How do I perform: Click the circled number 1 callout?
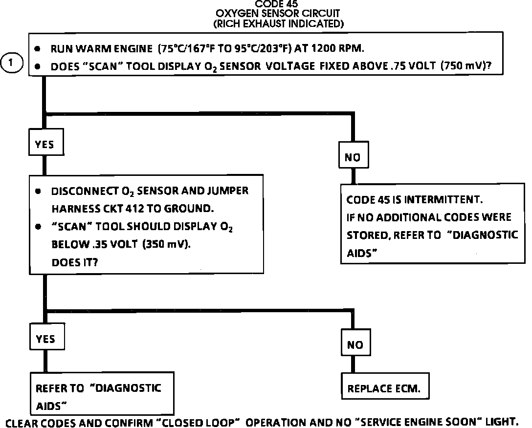[x=11, y=64]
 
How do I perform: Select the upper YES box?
[x=44, y=145]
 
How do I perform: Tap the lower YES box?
[x=45, y=339]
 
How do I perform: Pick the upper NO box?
[x=353, y=157]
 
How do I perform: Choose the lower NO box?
[x=355, y=345]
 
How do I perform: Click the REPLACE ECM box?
[x=384, y=389]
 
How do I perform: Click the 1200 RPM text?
[x=337, y=49]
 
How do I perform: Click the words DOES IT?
[x=75, y=262]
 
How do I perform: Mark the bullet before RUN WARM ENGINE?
[x=38, y=49]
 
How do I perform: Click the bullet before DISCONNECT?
[x=38, y=191]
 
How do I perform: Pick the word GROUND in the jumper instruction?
[x=188, y=209]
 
